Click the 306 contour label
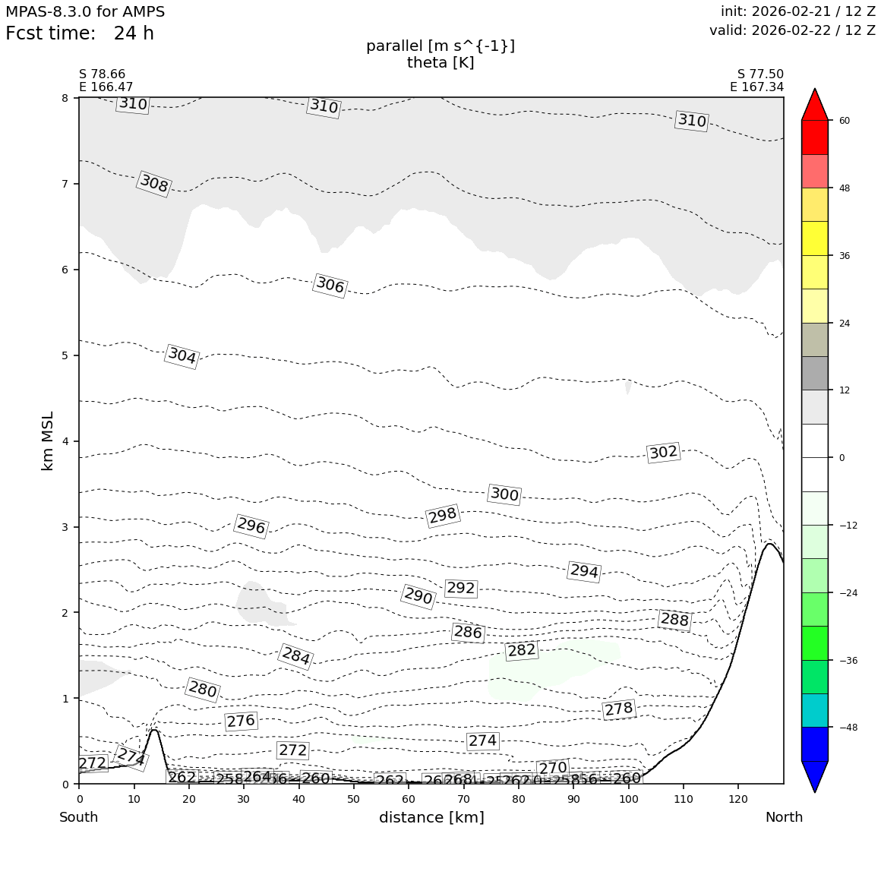[x=330, y=286]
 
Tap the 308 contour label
[x=154, y=184]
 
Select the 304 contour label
[x=182, y=355]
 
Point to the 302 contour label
[x=663, y=453]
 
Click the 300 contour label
[x=504, y=494]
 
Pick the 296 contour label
[x=251, y=526]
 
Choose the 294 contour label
[x=584, y=571]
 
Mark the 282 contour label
[x=522, y=650]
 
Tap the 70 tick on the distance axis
[x=463, y=798]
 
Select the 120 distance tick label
[x=737, y=798]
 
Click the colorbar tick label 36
[x=845, y=255]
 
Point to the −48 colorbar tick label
[x=848, y=727]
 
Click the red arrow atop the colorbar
[x=815, y=105]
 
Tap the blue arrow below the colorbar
[x=815, y=775]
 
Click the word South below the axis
[x=79, y=817]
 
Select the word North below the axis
[x=784, y=817]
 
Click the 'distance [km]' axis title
[x=431, y=817]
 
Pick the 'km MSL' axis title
[x=48, y=440]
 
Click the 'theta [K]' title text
[x=440, y=63]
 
